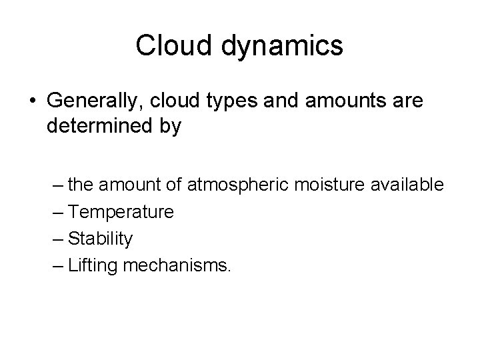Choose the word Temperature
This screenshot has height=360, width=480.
(121, 212)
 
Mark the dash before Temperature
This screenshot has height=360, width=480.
(58, 212)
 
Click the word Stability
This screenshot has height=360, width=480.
(101, 239)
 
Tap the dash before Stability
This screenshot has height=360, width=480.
(58, 239)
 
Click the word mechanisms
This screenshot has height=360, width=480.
(177, 265)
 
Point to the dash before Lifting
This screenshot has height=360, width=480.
(58, 265)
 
